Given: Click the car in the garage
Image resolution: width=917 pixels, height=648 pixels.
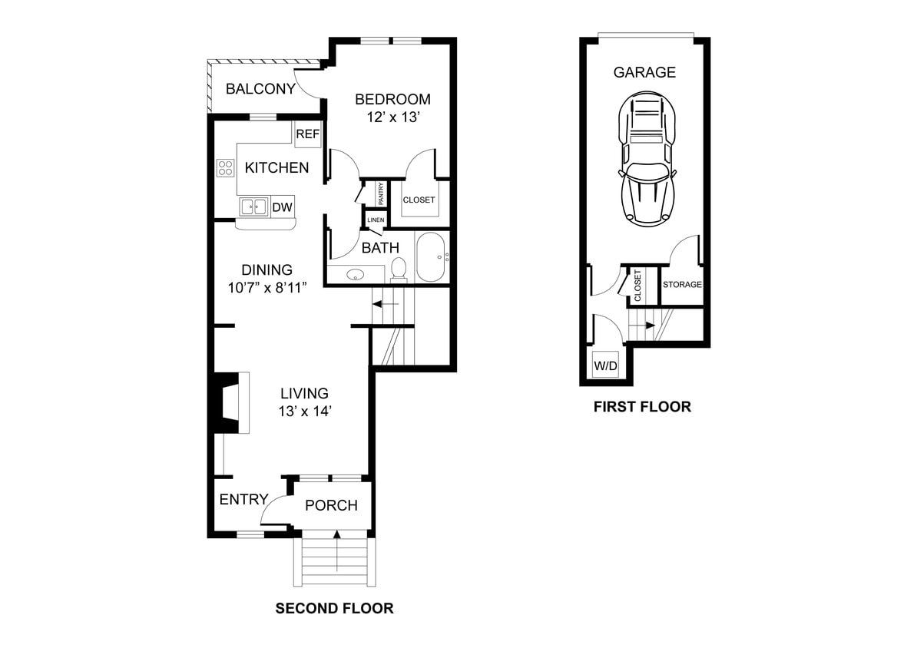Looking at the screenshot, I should (647, 160).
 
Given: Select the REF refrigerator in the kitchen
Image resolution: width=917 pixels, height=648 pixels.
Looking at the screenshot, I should (307, 134).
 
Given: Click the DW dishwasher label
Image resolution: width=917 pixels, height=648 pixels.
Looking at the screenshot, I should (282, 207).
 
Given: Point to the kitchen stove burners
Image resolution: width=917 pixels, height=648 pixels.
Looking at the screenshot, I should (225, 167).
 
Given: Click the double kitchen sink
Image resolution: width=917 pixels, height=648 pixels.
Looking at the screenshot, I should (253, 207).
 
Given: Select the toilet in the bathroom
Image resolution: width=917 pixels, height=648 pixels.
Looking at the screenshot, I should (399, 268).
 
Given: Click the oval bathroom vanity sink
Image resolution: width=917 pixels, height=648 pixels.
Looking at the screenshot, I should (356, 274).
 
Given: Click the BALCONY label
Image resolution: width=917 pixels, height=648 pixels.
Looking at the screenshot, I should (260, 89).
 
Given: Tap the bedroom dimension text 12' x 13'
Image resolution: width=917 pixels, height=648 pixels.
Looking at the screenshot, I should (392, 117).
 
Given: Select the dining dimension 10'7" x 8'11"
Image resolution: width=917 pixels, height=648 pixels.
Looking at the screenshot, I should (267, 289).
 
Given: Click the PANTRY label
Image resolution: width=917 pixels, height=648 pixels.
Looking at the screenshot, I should (379, 193).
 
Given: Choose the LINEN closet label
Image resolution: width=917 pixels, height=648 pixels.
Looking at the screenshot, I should (375, 220).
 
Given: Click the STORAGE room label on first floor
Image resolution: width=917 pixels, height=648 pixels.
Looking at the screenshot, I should (682, 285).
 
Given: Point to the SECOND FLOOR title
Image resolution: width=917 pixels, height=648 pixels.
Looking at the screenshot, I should (334, 609).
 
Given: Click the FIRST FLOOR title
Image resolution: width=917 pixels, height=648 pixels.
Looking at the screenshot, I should (642, 407).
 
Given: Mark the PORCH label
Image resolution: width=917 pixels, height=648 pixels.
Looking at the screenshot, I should (331, 505).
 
